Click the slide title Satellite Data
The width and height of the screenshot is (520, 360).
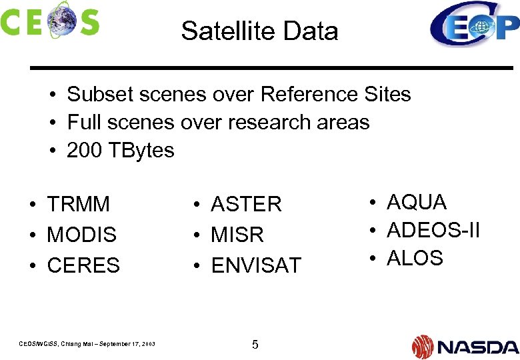pos(259,31)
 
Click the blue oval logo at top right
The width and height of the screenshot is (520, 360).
pos(473,25)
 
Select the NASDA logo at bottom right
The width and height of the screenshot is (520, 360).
pos(465,347)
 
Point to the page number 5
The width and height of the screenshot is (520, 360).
pos(255,345)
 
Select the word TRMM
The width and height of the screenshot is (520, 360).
pos(78,205)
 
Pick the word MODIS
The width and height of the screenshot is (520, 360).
pos(81,235)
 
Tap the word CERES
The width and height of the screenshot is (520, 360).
pos(83,265)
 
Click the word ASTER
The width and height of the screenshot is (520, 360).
pos(246,205)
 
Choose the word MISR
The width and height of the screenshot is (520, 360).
pos(237,235)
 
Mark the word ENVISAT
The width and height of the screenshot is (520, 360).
pos(256,265)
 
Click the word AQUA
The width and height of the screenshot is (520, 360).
pos(417,202)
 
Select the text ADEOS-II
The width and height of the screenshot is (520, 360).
pos(433,230)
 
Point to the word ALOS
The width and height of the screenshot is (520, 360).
pos(415,258)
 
